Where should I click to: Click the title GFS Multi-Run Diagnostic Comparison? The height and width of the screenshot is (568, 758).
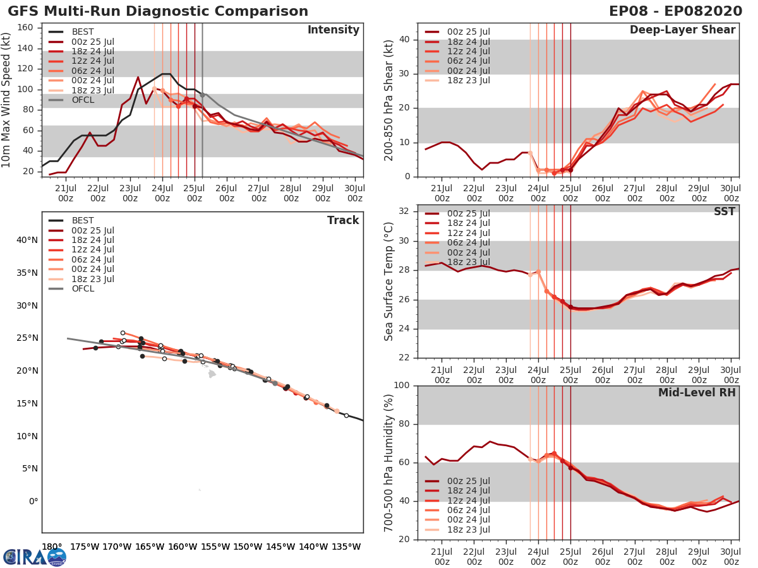pos(158,11)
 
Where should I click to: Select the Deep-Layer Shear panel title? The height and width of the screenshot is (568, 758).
pos(682,30)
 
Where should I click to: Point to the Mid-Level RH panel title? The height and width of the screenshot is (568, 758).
pos(697,393)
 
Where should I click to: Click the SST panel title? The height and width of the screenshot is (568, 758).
pos(724,212)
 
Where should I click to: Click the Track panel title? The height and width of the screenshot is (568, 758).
pos(342,220)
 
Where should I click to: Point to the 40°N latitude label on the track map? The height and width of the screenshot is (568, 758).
pos(27,240)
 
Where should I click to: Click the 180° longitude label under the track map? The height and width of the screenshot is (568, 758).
pos(52,547)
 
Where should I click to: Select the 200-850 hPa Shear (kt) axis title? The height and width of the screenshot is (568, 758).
pos(390,100)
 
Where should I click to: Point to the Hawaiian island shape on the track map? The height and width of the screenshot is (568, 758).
pos(212,374)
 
